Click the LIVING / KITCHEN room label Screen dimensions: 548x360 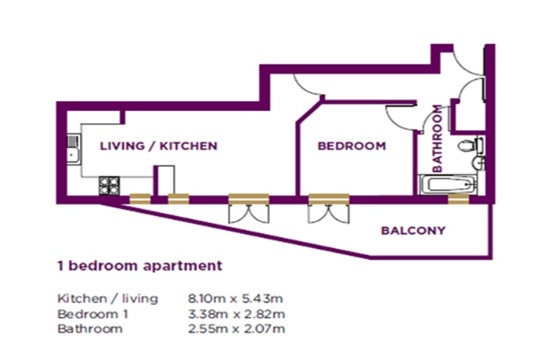159,146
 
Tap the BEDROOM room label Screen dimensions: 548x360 352,146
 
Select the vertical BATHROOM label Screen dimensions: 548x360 437,139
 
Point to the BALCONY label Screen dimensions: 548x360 413,230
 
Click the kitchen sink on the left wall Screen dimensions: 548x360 74,149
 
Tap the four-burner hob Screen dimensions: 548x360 110,185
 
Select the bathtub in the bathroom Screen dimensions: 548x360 447,185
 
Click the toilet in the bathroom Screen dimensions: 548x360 470,145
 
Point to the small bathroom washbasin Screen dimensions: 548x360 478,162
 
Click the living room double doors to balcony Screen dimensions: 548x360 248,209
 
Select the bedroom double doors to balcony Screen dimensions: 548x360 329,209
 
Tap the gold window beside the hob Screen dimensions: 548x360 140,199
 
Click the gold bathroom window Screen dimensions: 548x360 458,199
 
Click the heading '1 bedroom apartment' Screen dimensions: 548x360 140,265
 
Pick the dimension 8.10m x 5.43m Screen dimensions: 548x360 235,299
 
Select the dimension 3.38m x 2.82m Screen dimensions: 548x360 236,314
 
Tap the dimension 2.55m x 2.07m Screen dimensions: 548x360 236,329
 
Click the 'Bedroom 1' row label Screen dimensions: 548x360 92,314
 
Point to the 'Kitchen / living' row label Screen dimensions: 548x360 108,299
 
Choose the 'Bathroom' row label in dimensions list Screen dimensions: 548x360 90,329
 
